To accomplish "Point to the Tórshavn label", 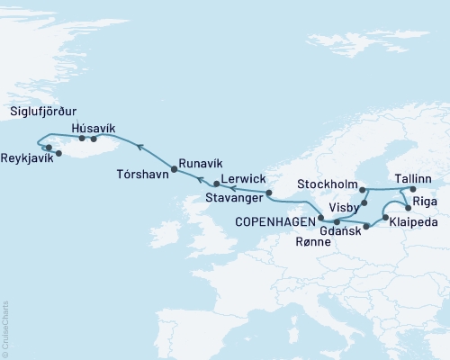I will pos(142,173).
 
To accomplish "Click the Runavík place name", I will pos(200,163).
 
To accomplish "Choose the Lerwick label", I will pos(243,178).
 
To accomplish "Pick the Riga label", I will pos(426,203).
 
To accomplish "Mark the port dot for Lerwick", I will pos(216,184).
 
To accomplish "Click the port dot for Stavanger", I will pos(268,193).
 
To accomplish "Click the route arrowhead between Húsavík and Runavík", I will pos(139,143).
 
